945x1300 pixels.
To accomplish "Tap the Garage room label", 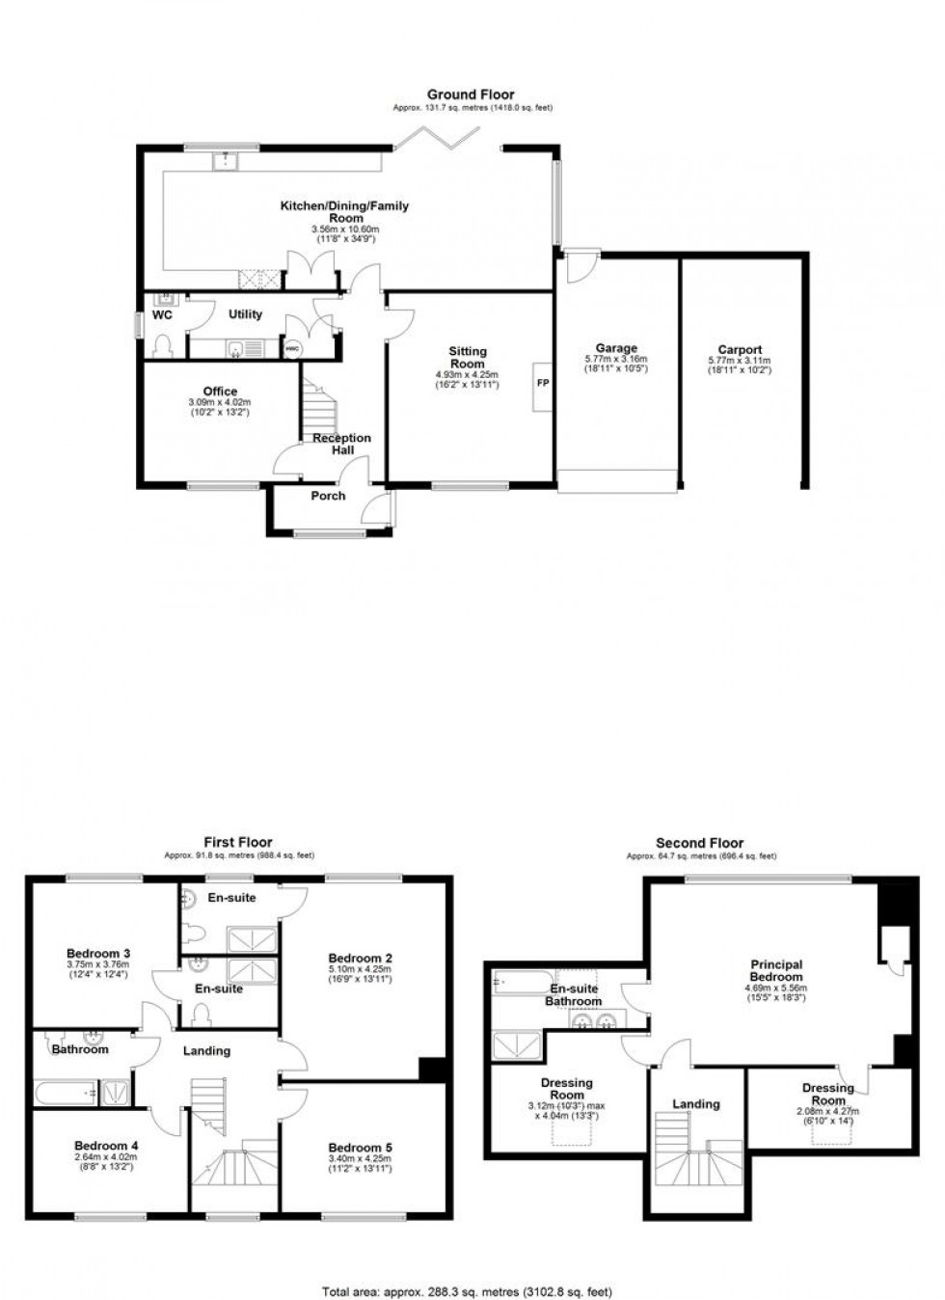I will click(616, 348).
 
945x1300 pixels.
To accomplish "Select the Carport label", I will click(740, 350).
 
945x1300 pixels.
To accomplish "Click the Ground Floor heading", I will click(472, 95).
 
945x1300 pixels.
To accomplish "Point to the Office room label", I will click(220, 392).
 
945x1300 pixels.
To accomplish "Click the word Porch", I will click(328, 496).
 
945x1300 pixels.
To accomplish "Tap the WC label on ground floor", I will click(163, 314).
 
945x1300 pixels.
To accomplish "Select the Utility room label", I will click(245, 314).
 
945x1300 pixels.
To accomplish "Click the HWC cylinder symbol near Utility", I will click(293, 348).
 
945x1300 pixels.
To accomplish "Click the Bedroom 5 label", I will click(360, 1148).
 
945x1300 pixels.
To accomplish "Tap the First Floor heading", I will click(238, 842).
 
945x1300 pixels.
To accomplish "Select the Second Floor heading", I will click(700, 843).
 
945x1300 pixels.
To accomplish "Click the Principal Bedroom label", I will click(776, 970).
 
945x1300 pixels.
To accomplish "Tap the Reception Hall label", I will click(341, 444).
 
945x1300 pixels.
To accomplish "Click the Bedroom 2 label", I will click(360, 959).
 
